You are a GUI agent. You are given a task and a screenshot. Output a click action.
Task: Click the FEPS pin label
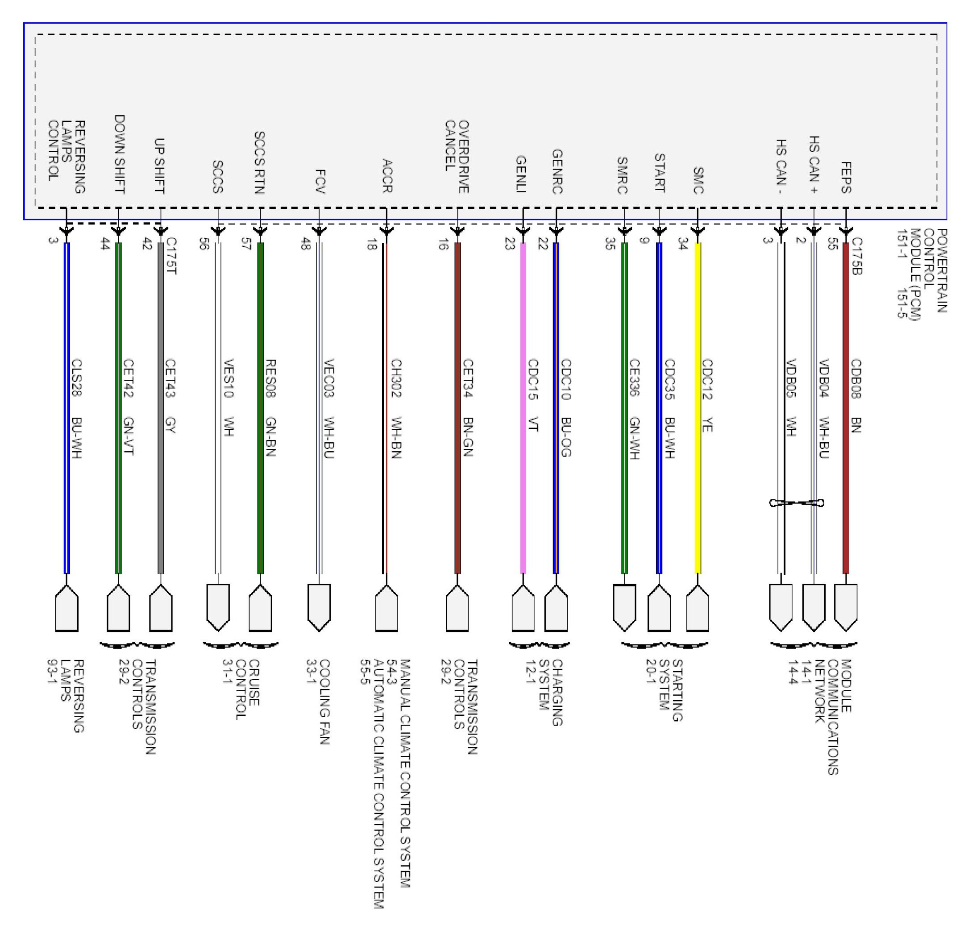coord(846,178)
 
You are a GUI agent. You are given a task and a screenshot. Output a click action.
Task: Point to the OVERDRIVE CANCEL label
coord(457,156)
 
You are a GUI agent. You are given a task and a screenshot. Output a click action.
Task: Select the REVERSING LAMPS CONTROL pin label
coord(66,156)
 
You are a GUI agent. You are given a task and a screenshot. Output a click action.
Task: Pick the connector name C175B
coord(857,256)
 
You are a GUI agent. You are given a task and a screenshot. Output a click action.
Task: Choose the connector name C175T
coord(171,256)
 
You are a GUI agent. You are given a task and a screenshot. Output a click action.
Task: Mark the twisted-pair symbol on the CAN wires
coord(797,503)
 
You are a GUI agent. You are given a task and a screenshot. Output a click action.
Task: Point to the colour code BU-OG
coord(566,436)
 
